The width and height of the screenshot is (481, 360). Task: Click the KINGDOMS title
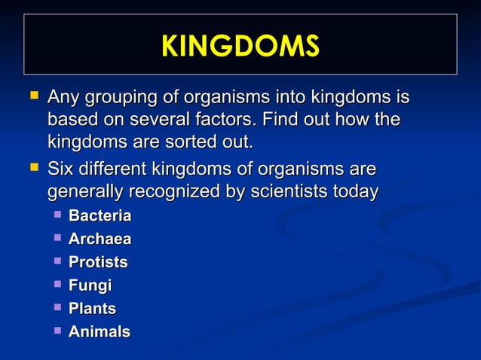[x=240, y=46]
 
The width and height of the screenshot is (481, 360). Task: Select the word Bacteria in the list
[x=100, y=217]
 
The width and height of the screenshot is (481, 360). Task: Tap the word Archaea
[x=100, y=239]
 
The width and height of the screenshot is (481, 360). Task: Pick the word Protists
[x=98, y=263]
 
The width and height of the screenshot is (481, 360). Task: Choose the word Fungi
[x=90, y=285]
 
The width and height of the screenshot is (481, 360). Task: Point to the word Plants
[x=92, y=309]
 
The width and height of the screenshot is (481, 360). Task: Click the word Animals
[x=99, y=331]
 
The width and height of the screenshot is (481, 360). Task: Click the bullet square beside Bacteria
[x=57, y=216]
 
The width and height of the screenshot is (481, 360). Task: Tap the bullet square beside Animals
[x=57, y=331]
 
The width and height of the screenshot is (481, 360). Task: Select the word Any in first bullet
[x=63, y=98]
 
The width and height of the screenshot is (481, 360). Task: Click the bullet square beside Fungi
[x=57, y=285]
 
